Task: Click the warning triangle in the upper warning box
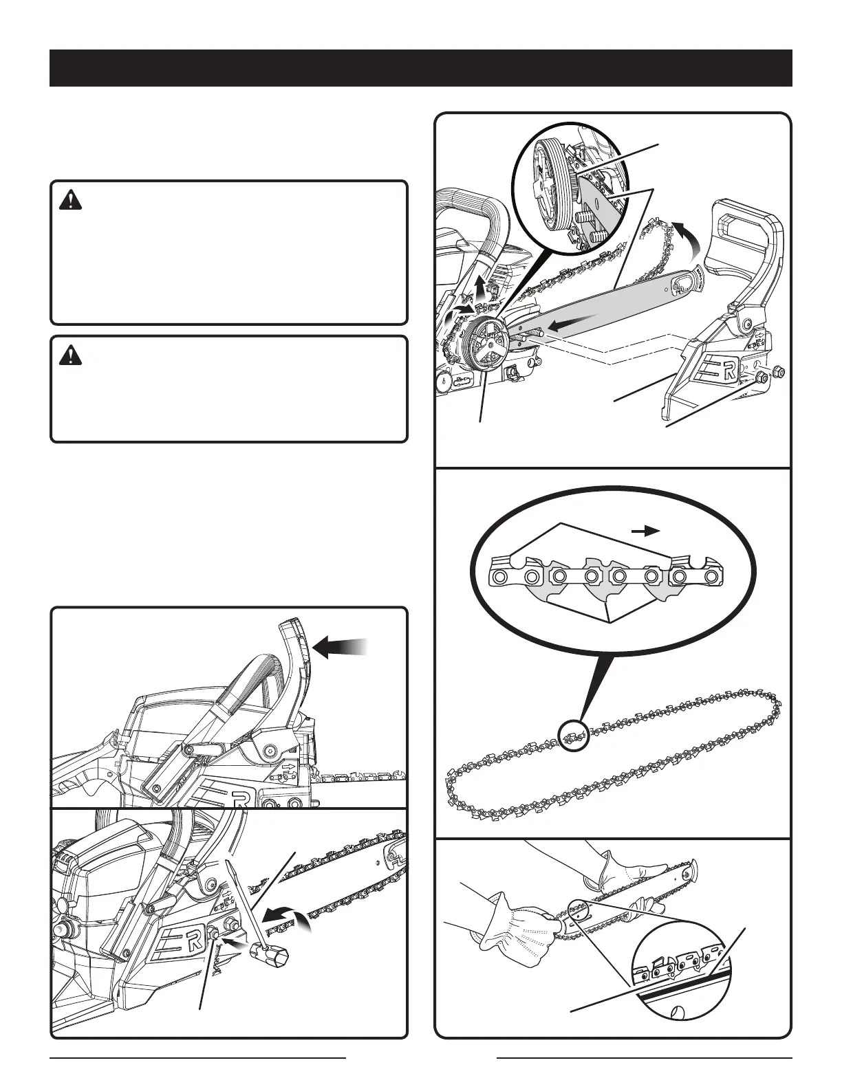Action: point(69,201)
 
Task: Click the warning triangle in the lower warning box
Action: point(69,355)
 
